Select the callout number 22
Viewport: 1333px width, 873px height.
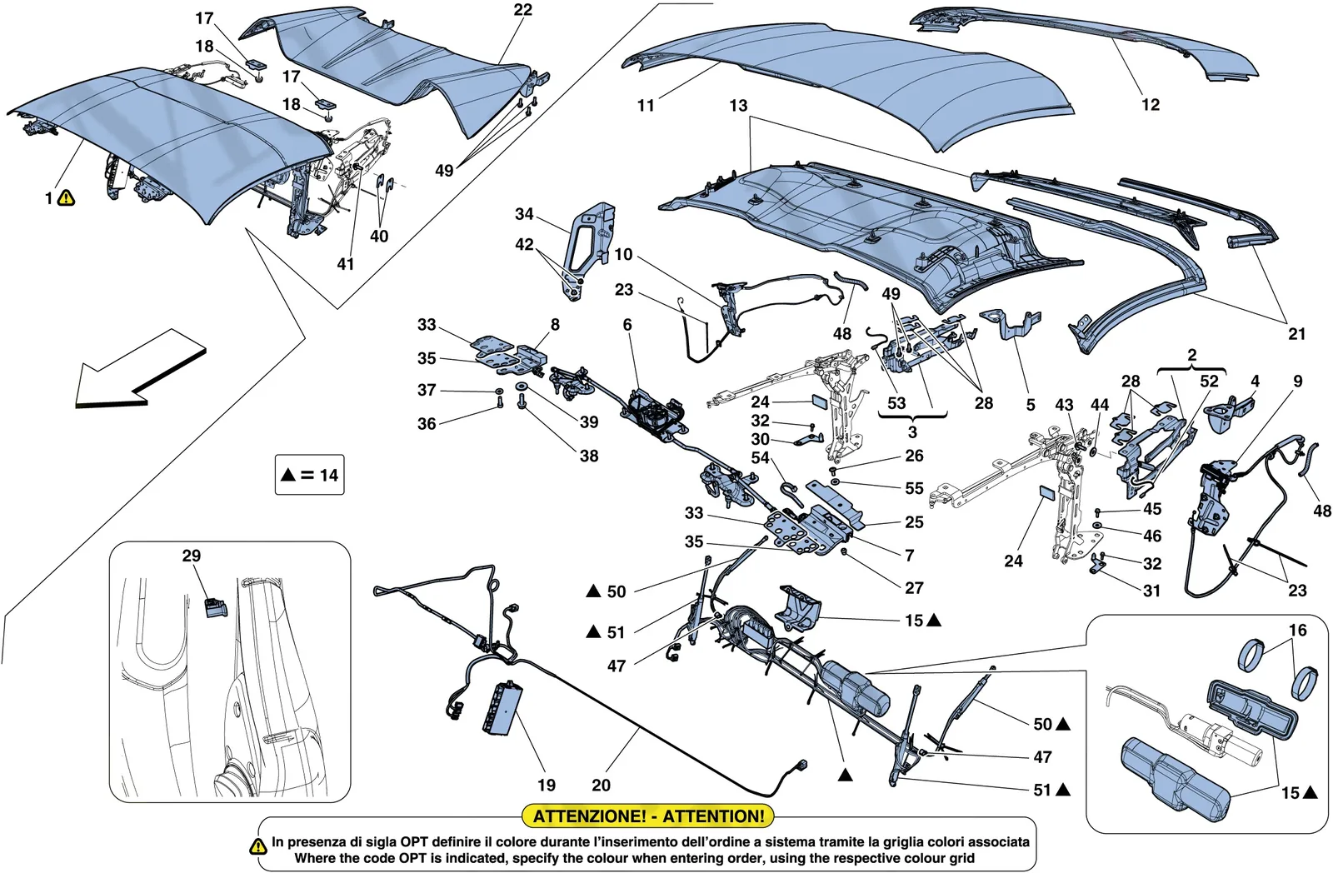(522, 9)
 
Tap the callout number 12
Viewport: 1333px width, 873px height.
(1151, 105)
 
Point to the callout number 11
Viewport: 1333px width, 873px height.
(645, 106)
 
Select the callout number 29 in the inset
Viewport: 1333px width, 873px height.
(191, 556)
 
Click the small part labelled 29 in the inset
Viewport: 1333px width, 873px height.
(216, 607)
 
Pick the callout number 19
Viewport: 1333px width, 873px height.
(547, 785)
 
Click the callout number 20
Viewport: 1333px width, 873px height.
(601, 785)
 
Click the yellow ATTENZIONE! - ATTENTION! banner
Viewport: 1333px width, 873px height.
(647, 816)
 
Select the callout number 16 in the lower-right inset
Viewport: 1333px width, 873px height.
(1297, 630)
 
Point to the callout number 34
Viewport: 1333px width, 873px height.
(524, 213)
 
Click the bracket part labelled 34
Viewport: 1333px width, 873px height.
(589, 250)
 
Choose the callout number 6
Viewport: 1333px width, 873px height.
(627, 324)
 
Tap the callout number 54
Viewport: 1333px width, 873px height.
(760, 457)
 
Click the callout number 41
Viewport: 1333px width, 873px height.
(345, 263)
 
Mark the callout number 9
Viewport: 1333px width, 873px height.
(1297, 381)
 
